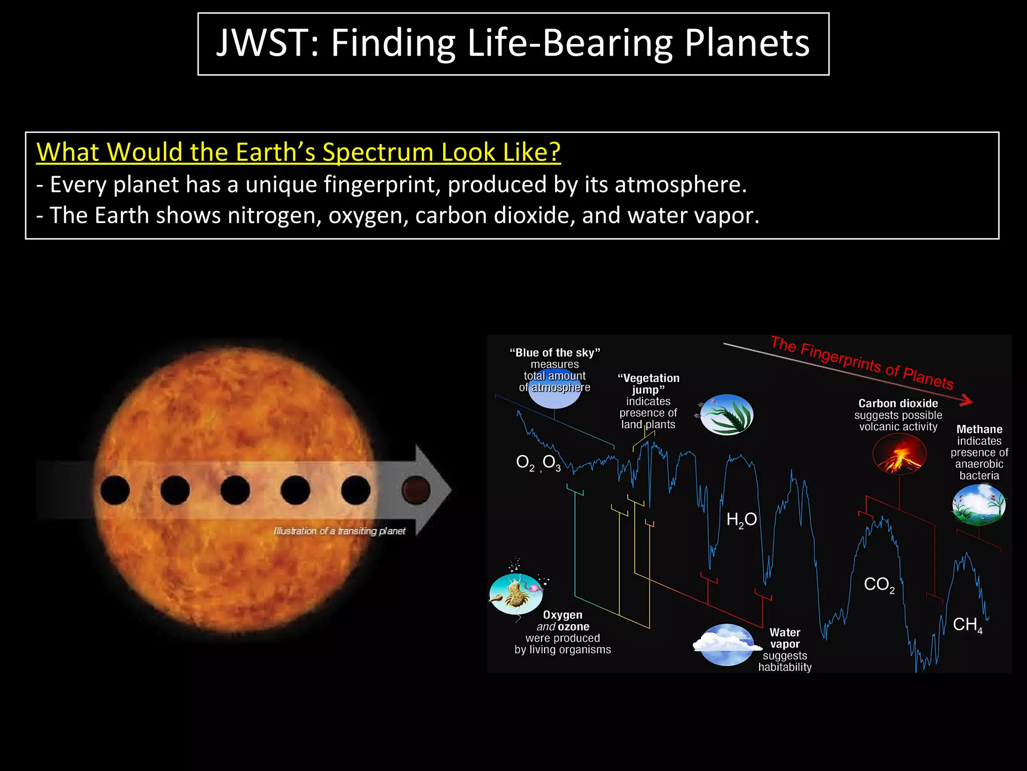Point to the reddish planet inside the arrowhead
click(x=416, y=490)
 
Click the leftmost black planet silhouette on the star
click(x=115, y=490)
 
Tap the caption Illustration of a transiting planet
click(x=339, y=531)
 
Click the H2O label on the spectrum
click(x=741, y=520)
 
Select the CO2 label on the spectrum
click(x=879, y=584)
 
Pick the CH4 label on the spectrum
click(x=967, y=624)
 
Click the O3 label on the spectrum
click(x=551, y=462)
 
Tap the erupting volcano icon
click(x=899, y=455)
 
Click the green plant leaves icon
click(x=726, y=415)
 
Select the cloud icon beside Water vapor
click(x=726, y=645)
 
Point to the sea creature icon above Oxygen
click(x=517, y=594)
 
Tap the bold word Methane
click(x=979, y=430)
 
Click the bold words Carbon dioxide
click(x=898, y=404)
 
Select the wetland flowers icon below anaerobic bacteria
click(x=978, y=505)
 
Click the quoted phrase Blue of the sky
click(x=555, y=353)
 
